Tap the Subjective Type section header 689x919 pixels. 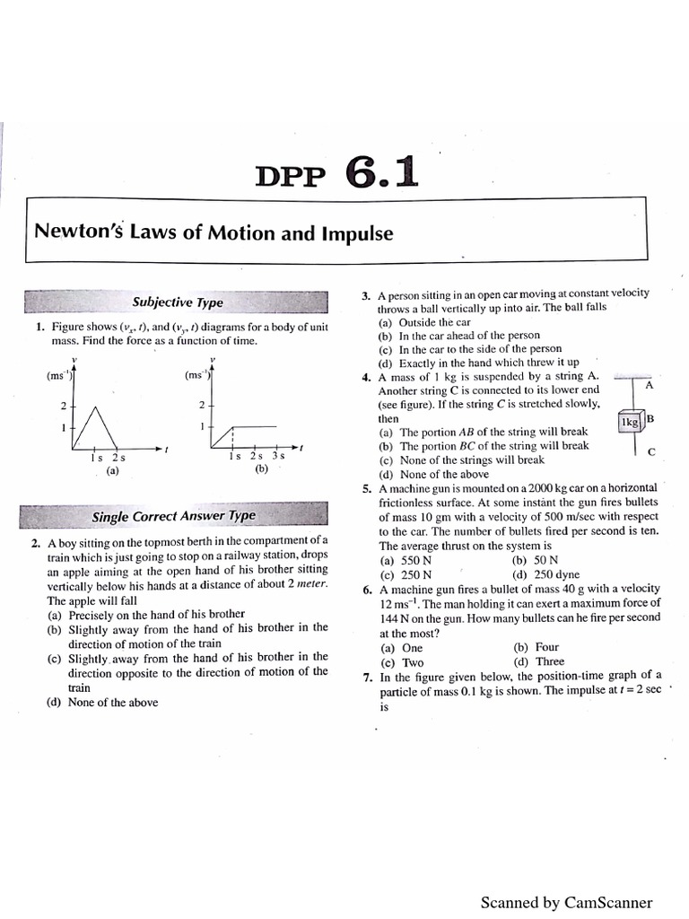click(x=178, y=302)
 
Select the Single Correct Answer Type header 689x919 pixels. click(x=173, y=516)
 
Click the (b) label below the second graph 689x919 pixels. click(x=261, y=468)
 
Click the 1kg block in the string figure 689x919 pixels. click(x=630, y=420)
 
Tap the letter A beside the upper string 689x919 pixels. click(x=649, y=384)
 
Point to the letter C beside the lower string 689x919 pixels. click(x=650, y=451)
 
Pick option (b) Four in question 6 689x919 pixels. click(x=536, y=647)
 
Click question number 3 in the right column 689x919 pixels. click(x=366, y=295)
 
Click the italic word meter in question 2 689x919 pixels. click(x=310, y=584)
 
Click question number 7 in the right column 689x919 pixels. click(x=367, y=677)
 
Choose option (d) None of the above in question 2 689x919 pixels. click(x=101, y=702)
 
